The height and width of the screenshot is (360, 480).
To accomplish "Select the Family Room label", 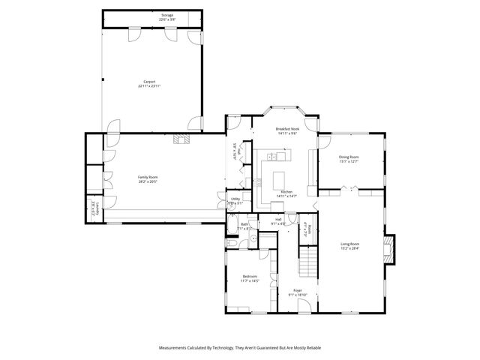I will pos(148,177).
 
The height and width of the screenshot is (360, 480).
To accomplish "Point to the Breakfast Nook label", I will pos(286,129).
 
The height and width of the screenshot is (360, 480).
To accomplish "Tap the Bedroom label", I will pos(249,277).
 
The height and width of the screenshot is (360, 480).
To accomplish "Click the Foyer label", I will pos(298,290).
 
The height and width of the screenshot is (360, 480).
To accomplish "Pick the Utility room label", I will pos(235,199).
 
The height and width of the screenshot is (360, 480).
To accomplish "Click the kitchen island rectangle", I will pos(280,180).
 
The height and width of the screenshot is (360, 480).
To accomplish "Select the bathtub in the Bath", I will pos(232,244).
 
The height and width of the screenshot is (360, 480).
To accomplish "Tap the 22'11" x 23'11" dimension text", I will pos(149,86).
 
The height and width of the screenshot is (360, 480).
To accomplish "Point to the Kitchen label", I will pos(286,192).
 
